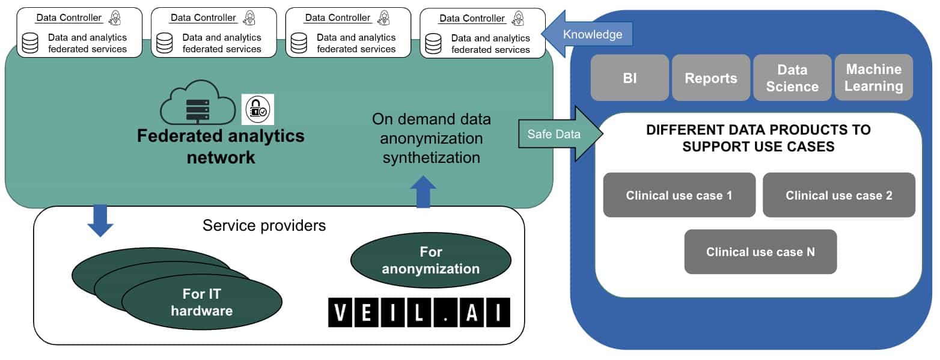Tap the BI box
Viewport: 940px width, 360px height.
(x=629, y=78)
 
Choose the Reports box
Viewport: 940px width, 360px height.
(x=710, y=78)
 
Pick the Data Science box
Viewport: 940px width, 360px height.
(x=792, y=78)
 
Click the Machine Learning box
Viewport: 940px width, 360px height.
(x=873, y=78)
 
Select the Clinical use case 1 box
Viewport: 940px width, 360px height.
(x=679, y=195)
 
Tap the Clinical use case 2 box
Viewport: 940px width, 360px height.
(x=838, y=195)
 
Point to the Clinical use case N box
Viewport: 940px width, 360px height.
(x=760, y=252)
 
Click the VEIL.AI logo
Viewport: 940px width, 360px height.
(x=418, y=313)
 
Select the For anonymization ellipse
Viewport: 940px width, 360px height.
(x=430, y=259)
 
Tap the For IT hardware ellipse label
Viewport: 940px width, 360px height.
(x=201, y=302)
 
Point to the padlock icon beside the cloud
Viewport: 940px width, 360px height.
(x=257, y=109)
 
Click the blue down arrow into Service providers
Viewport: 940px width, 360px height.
(x=100, y=221)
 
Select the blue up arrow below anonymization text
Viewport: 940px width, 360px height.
(x=423, y=191)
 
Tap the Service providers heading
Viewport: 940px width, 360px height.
(x=264, y=225)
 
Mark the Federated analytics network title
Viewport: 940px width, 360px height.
(x=221, y=146)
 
